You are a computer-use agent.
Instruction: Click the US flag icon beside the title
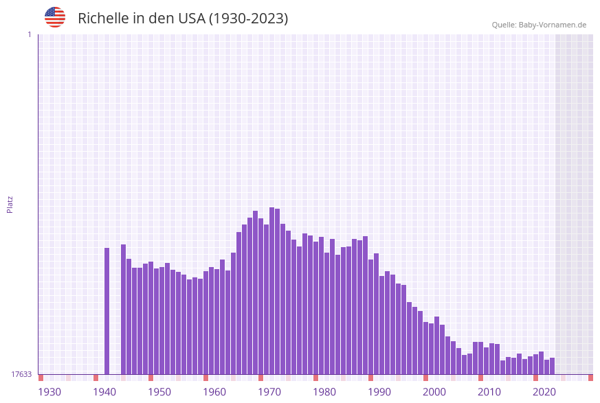[x=55, y=17]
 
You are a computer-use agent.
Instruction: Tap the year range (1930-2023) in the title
[x=248, y=19]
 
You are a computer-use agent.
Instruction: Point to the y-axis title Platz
[x=10, y=204]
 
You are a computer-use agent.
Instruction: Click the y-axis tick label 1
[x=29, y=34]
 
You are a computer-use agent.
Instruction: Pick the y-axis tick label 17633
[x=21, y=374]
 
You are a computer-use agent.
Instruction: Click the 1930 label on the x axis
[x=49, y=392]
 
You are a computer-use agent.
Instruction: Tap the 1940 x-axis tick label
[x=104, y=392]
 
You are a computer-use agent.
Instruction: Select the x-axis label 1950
[x=159, y=392]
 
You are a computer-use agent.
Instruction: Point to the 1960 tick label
[x=214, y=392]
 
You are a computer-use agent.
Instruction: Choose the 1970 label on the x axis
[x=269, y=392]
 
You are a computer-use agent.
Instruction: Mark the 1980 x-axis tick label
[x=324, y=392]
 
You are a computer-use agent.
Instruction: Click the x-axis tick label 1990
[x=379, y=392]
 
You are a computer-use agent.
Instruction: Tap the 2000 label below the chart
[x=434, y=392]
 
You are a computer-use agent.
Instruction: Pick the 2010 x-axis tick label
[x=489, y=392]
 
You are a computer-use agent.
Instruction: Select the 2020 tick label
[x=544, y=392]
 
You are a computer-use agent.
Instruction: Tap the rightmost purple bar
[x=553, y=366]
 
